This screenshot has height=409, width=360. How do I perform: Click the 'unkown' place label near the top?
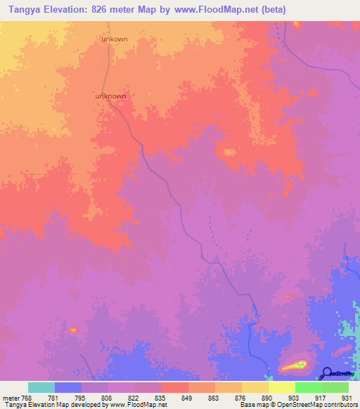pyautogui.click(x=115, y=39)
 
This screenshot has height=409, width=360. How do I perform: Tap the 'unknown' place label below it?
pyautogui.click(x=110, y=96)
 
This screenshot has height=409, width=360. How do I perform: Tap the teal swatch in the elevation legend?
pyautogui.click(x=41, y=387)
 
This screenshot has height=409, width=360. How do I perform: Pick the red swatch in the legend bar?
pyautogui.click(x=175, y=387)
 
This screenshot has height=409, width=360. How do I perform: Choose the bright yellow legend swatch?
pyautogui.click(x=282, y=387)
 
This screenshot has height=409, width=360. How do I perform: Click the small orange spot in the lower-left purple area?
pyautogui.click(x=73, y=328)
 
